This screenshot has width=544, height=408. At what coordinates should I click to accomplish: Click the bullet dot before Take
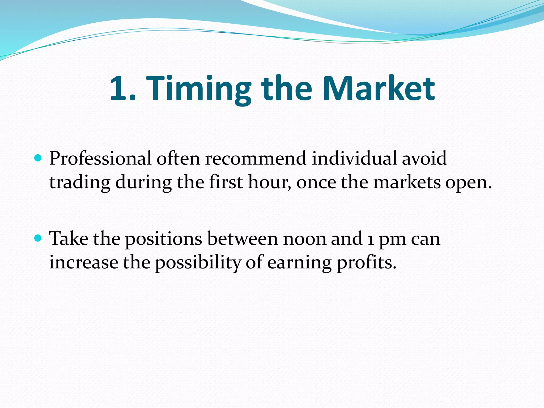click(x=38, y=238)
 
